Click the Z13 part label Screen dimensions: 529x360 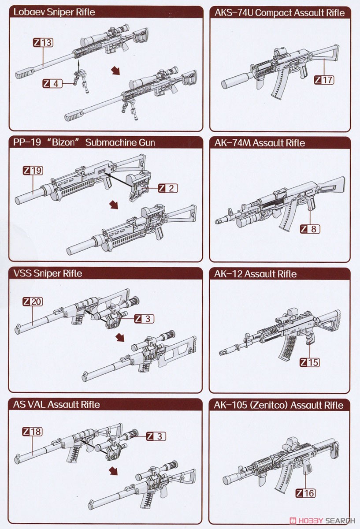coord(43,42)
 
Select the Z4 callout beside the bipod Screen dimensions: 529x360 coord(52,82)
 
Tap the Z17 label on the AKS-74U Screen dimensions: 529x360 coord(324,80)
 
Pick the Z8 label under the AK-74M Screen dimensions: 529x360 coord(310,229)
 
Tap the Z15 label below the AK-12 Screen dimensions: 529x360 coord(310,362)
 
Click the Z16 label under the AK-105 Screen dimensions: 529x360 coord(305,492)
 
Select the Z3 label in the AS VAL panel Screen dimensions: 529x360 coord(156,436)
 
